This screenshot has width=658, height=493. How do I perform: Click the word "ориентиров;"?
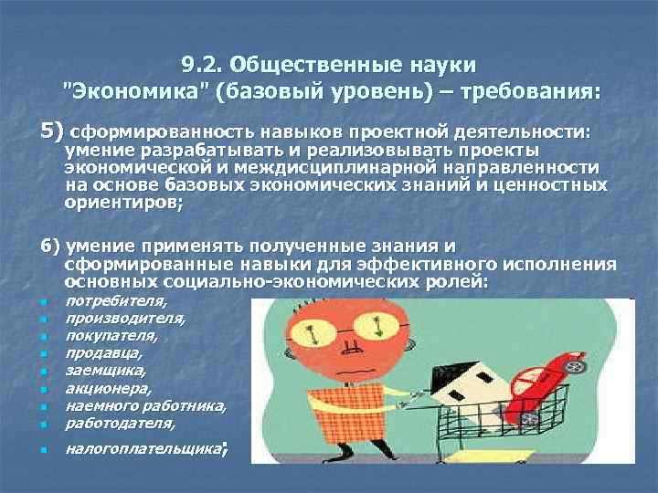click(124, 204)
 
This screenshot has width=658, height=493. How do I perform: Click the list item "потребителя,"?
click(116, 299)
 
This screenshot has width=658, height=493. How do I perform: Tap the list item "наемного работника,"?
click(146, 405)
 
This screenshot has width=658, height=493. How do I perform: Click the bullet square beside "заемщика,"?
click(43, 372)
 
